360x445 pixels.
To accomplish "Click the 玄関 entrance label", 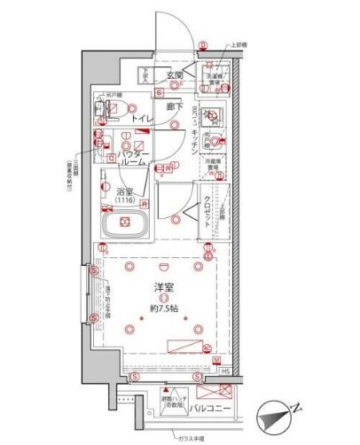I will [174, 76].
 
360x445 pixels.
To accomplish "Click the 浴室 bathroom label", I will [124, 191].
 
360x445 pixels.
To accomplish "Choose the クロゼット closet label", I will [200, 189].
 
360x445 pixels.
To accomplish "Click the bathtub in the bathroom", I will [123, 230].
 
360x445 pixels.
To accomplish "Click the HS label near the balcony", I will [227, 371].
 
